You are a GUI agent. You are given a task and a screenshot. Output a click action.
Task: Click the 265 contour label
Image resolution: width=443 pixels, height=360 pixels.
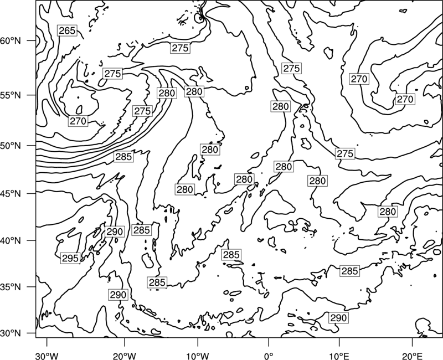pos(67,30)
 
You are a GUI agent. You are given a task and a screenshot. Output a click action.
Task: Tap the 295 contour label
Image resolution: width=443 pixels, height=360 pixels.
pos(70,258)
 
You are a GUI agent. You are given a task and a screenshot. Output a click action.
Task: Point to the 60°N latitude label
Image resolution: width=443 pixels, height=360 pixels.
pos(11,40)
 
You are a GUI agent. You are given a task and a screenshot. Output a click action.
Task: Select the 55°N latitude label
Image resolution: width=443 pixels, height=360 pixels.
pos(11,95)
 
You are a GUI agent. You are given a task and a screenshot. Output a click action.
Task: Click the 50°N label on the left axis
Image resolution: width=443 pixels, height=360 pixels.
pos(11,146)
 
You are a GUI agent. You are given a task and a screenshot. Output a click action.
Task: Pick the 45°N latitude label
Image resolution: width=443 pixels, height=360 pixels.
pos(11,193)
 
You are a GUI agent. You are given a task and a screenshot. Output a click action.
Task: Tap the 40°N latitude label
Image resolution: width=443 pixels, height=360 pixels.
pos(11,241)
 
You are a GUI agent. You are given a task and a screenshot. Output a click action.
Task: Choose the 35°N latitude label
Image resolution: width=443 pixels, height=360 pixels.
pos(11,287)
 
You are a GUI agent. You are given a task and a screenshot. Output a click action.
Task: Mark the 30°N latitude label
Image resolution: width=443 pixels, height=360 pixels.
pos(11,333)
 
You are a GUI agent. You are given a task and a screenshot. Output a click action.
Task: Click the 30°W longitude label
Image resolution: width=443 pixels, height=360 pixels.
pos(47,356)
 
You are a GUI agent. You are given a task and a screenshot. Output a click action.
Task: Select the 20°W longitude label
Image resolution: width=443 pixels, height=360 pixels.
pos(125,356)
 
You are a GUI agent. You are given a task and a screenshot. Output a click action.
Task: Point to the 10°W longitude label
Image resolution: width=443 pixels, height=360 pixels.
pos(198,356)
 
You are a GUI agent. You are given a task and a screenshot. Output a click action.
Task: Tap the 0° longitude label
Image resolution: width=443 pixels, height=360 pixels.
pos(269,356)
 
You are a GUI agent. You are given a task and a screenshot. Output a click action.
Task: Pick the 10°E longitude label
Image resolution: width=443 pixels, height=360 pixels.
pos(339,356)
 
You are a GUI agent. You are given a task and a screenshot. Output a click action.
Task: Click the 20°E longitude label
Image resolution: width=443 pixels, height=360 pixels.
pos(412,356)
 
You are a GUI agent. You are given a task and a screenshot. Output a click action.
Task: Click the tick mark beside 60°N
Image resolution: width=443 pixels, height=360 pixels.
pos(32,40)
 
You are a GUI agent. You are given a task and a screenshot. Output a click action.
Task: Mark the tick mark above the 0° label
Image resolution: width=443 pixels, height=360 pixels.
pos(269,342)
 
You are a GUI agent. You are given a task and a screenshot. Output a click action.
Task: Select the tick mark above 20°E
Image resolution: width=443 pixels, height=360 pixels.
pos(412,342)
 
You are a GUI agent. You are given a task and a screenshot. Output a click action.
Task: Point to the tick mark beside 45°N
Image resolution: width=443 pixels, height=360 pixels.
pos(32,193)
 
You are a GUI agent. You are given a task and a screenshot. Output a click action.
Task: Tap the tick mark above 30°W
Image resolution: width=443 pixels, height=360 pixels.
pos(47,342)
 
